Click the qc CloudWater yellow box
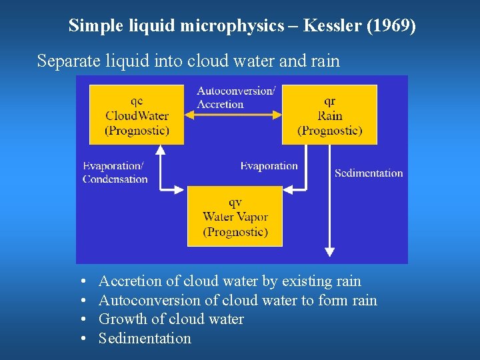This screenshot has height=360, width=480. tap(137, 114)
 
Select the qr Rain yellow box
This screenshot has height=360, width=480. tap(329, 114)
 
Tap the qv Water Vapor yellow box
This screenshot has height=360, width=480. tap(235, 216)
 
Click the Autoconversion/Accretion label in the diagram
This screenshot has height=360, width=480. tap(236, 97)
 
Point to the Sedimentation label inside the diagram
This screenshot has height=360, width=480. tap(369, 173)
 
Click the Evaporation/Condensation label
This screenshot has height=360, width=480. tap(115, 173)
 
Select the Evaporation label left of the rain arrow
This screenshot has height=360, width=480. tap(269, 166)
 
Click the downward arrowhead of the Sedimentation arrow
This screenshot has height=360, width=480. tap(329, 251)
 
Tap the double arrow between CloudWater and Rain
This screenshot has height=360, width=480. tap(233, 115)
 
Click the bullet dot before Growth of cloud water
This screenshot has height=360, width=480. tap(81, 320)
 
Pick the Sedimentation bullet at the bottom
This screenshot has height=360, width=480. tap(145, 339)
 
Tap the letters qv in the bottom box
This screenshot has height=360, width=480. tap(235, 201)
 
